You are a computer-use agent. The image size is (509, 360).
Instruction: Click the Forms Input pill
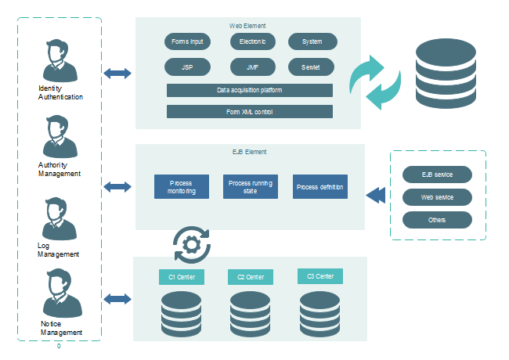click(186, 41)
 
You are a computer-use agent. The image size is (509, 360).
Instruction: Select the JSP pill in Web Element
click(186, 67)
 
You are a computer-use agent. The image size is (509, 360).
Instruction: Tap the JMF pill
click(252, 67)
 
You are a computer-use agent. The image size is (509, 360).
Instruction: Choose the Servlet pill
click(312, 67)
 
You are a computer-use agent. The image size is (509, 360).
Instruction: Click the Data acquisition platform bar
click(250, 90)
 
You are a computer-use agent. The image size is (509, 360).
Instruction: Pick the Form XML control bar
click(250, 112)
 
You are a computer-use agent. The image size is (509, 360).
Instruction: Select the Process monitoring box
click(182, 187)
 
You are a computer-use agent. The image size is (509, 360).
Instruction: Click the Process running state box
click(251, 187)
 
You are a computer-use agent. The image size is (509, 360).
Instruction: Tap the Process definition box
click(319, 187)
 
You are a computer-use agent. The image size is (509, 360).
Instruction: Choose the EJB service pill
click(437, 174)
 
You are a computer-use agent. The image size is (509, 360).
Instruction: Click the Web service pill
click(437, 196)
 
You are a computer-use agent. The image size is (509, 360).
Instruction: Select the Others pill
click(437, 220)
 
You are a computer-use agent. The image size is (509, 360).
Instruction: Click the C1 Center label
click(182, 277)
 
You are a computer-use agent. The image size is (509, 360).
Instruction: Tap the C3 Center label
click(320, 276)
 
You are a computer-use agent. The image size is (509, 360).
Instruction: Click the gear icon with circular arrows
click(190, 243)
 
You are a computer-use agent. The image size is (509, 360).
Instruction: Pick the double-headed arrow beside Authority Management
click(117, 187)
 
